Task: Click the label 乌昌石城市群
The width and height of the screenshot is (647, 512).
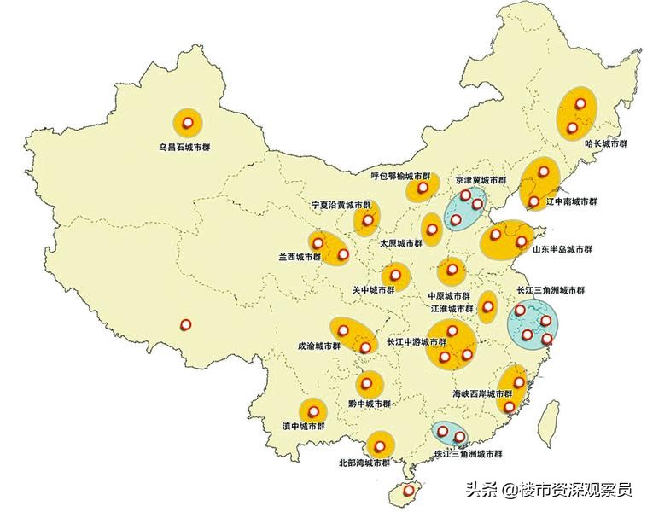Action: coord(184,147)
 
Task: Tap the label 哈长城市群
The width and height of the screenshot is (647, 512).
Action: coord(606,143)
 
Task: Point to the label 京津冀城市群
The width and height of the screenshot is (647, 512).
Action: coord(481,181)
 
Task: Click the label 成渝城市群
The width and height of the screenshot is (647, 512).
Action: coord(318,346)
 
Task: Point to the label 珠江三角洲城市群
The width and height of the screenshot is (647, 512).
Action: coord(468,454)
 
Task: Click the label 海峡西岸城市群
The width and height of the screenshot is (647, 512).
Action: coord(482,394)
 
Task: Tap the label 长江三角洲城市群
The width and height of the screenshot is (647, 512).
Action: coord(551,290)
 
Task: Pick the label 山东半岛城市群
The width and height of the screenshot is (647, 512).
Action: coord(562,250)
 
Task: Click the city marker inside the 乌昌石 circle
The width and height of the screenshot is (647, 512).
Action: coord(188,123)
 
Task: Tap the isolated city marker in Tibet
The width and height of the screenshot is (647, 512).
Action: coord(186,324)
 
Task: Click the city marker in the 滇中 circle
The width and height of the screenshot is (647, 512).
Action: coord(312,408)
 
